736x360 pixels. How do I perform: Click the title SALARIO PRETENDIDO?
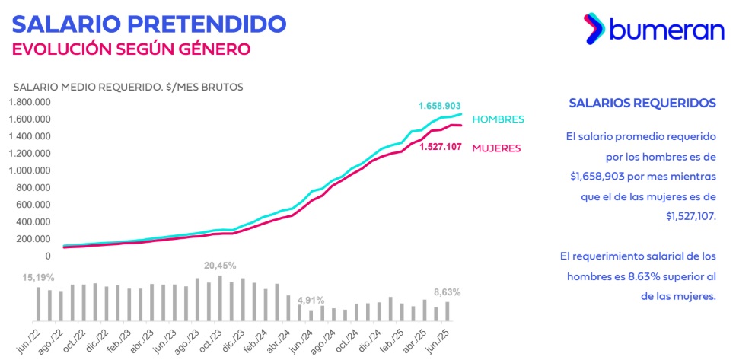point(149,24)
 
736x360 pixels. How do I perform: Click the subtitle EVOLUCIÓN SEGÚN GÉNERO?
point(131,49)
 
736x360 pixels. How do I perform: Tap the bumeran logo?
point(654,29)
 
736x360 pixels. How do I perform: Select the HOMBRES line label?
point(498,119)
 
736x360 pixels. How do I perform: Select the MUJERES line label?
point(496,147)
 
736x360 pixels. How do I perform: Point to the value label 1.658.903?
point(439,105)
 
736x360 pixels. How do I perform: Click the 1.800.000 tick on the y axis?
point(30,102)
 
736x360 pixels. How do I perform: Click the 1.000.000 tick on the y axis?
point(30,170)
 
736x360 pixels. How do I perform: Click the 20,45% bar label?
point(220,266)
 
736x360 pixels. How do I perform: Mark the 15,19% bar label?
point(27,278)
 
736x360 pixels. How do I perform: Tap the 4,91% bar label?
point(310,299)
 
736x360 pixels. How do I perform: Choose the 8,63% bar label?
point(447,292)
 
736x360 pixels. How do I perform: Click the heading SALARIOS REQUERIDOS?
point(642,103)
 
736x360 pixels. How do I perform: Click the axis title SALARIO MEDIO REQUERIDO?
point(127,87)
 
